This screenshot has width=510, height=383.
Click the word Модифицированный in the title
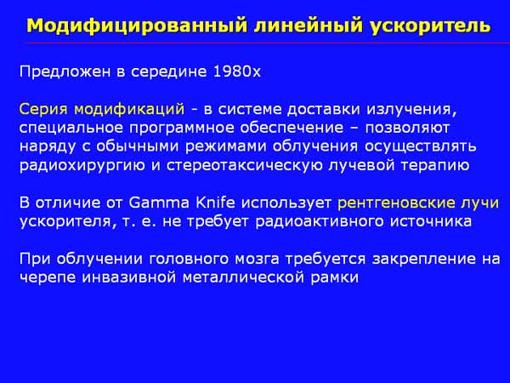pyautogui.click(x=137, y=26)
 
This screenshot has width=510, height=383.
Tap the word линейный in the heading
pyautogui.click(x=308, y=26)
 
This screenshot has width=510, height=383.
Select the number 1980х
pyautogui.click(x=237, y=71)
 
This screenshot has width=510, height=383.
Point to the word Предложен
pyautogui.click(x=65, y=72)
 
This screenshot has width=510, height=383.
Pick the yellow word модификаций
pyautogui.click(x=129, y=109)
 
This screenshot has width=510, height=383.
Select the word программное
pyautogui.click(x=182, y=129)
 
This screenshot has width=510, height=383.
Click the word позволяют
pyautogui.click(x=407, y=128)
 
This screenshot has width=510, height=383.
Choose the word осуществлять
pyautogui.click(x=420, y=147)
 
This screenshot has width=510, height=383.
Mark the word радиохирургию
pyautogui.click(x=82, y=166)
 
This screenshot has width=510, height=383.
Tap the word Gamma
pyautogui.click(x=159, y=203)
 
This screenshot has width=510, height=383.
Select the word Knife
pyautogui.click(x=215, y=203)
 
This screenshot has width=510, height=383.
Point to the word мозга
pyautogui.click(x=257, y=260)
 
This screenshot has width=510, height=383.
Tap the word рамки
pyautogui.click(x=334, y=278)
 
